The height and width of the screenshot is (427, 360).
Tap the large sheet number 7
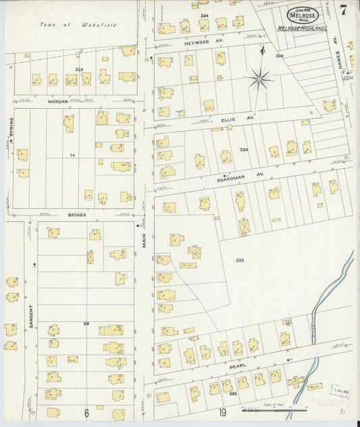tap(344, 10)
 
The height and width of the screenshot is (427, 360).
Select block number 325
tap(240, 259)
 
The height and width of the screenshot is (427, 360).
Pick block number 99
tap(86, 324)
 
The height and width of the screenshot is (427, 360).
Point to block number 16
tap(71, 155)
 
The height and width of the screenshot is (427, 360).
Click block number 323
tap(79, 69)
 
